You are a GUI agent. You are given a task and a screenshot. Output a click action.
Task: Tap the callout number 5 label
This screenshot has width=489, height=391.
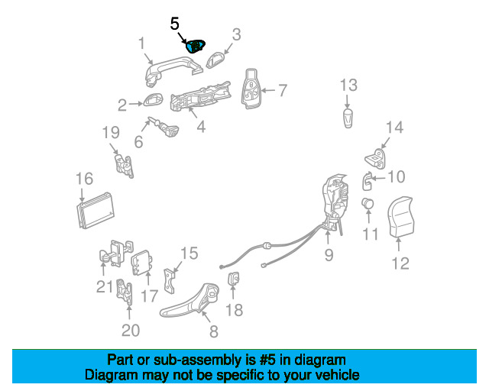coord(174,24)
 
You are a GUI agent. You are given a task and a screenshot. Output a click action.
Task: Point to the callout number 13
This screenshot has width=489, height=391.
coord(348,84)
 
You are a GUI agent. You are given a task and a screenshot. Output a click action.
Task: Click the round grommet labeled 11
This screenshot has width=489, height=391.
coord(368,204)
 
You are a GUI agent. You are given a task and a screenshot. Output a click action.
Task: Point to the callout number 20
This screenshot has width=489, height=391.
coord(131,330)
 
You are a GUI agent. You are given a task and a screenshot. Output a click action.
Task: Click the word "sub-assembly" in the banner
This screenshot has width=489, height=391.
coord(186,360)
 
